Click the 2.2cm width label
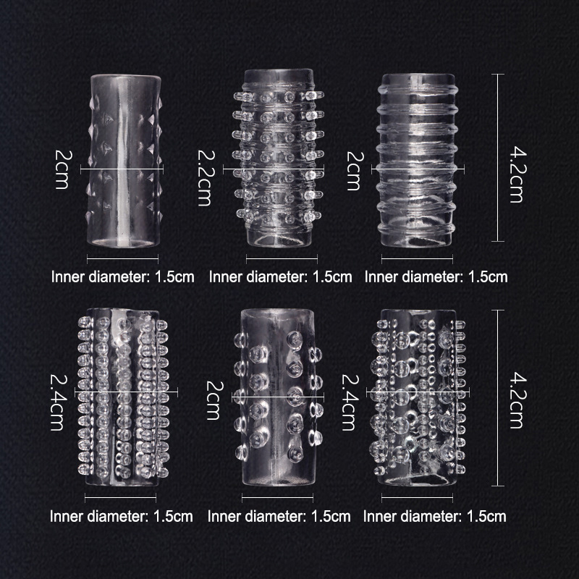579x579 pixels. (204, 177)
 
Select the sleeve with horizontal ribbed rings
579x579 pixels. (418, 160)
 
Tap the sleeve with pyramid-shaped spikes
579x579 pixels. (124, 161)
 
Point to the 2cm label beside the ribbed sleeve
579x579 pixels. (353, 171)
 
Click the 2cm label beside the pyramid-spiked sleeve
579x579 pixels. (62, 169)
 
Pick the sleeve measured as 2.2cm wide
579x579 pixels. (279, 158)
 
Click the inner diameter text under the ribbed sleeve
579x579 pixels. (436, 277)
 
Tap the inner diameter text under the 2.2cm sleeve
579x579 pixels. (280, 277)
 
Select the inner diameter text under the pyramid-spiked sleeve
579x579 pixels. (122, 277)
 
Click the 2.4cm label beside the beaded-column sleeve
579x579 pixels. (58, 402)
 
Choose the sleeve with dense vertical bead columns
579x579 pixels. (123, 397)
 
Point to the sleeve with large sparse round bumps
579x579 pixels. (278, 397)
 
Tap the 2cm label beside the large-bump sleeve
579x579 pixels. (214, 401)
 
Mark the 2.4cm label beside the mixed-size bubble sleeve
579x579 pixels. (349, 402)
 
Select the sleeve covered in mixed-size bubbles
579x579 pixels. (418, 397)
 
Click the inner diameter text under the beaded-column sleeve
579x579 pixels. (121, 516)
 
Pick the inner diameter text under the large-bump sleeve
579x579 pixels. (279, 516)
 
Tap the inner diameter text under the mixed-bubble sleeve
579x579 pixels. (435, 516)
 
